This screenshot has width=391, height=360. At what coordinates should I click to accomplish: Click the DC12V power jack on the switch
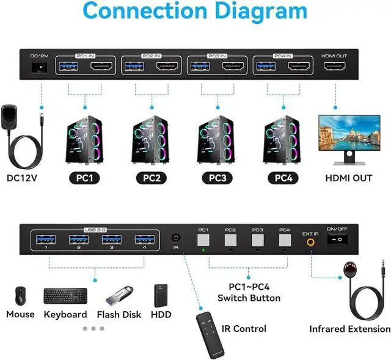[41, 68]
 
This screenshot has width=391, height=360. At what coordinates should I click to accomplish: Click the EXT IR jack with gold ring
[310, 242]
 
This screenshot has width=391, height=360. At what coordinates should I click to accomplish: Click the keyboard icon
[65, 297]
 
